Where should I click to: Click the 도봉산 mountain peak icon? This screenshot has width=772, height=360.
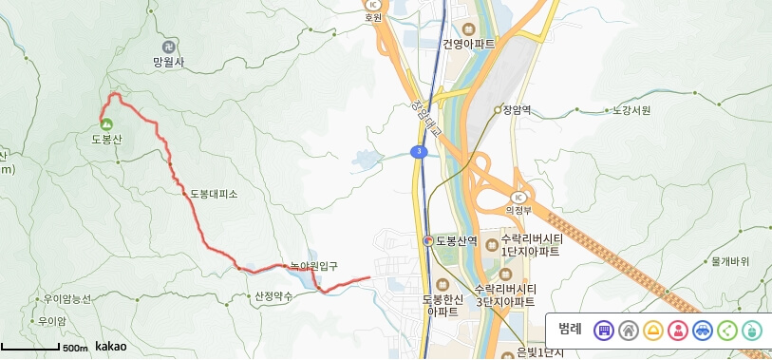105,123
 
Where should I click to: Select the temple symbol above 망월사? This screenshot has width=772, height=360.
168,46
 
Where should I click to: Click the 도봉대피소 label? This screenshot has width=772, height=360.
214,194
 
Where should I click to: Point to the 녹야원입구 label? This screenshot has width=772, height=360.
313,266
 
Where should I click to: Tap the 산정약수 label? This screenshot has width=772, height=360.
273,295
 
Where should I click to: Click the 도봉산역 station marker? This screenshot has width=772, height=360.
429,240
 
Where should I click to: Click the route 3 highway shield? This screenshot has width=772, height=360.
419,151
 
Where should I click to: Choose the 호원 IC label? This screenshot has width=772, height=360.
373,17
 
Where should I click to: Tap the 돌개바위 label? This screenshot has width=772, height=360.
730,260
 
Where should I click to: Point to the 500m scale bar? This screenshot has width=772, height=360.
43,349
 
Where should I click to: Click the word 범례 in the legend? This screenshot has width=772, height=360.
570,330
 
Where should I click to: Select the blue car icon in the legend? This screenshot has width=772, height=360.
702,331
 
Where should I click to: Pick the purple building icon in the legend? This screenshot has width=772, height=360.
603,331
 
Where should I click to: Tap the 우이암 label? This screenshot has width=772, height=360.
53,321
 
